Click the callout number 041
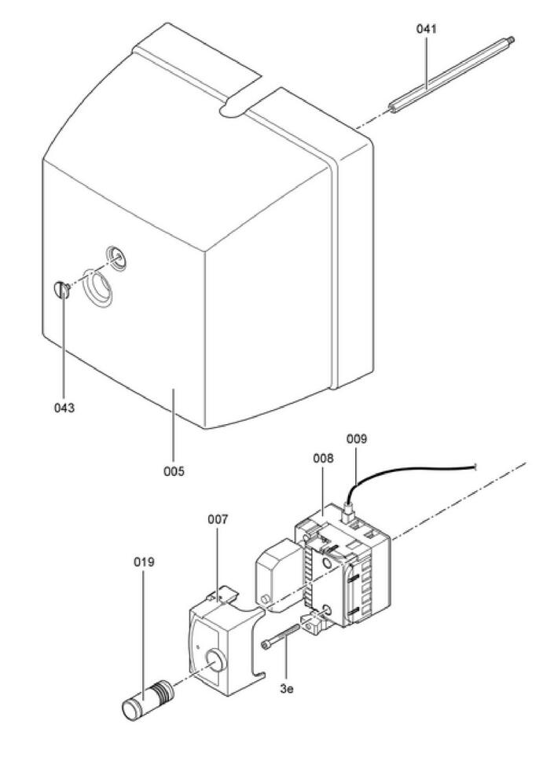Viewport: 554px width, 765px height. pos(426,29)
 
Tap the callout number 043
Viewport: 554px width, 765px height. pos(64,408)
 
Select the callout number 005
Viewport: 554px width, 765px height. pos(174,471)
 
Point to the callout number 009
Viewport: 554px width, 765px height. pos(356,439)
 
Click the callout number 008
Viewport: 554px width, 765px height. pos(323,459)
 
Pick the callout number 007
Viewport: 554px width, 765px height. pos(218,520)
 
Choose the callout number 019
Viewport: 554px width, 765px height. pos(144,562)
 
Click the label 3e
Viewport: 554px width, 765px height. pos(287,690)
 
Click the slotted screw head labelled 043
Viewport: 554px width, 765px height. pos(61,290)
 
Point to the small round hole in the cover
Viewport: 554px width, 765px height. pos(117,257)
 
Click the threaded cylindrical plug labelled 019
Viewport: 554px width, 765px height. pos(147,701)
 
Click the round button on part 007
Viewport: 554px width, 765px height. pos(215,661)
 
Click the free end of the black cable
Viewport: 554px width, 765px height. pos(475,468)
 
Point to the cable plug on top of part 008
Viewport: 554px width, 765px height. pos(348,513)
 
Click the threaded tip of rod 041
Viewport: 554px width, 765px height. pos(511,39)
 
